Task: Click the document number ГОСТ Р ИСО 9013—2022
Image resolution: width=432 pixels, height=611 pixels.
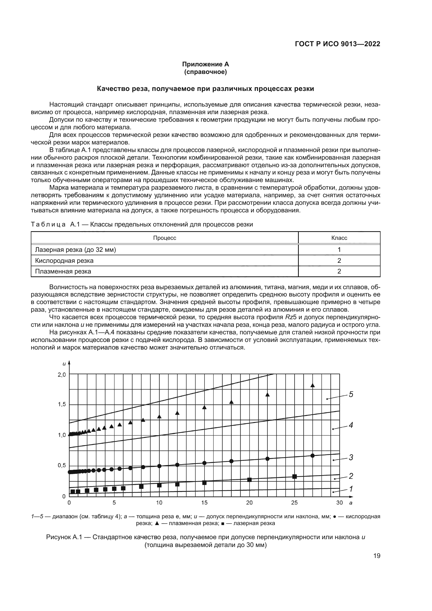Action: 337,44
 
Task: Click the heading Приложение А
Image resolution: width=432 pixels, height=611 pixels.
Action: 205,65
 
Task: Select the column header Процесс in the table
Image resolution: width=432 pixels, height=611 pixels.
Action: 164,238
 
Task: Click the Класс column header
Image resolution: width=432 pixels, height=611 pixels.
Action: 339,238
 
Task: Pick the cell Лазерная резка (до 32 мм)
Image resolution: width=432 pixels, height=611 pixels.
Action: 75,250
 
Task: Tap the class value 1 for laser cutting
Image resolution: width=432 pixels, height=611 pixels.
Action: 339,250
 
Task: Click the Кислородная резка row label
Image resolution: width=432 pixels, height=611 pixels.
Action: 64,260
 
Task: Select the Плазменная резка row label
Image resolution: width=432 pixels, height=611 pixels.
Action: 63,271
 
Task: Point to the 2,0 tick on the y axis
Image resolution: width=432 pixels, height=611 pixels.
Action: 62,375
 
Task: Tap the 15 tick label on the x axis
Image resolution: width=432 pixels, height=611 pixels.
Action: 204,503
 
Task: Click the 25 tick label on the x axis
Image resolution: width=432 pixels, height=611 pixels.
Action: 294,503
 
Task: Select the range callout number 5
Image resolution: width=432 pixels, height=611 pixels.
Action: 351,394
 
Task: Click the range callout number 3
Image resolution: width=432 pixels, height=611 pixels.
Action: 351,457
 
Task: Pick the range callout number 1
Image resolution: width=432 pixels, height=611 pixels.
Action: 351,489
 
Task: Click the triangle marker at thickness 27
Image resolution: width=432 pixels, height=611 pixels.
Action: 313,385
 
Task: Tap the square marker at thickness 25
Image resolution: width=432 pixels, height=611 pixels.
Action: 294,476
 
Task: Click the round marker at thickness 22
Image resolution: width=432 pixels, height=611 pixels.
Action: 268,458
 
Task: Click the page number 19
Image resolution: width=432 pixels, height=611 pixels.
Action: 377,556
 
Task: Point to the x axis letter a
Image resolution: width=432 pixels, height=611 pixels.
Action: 351,503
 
